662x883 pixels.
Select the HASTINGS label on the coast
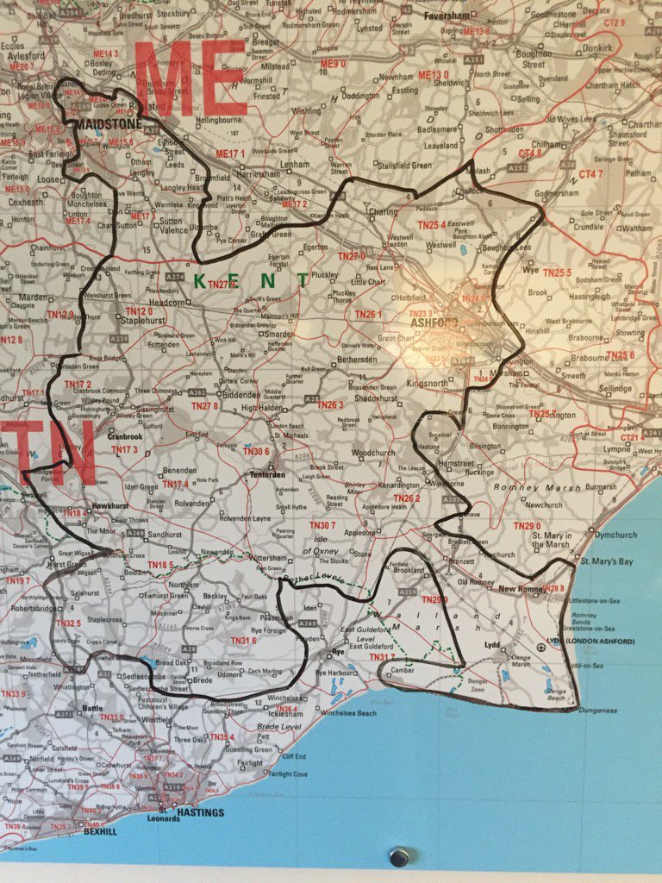pyautogui.click(x=200, y=812)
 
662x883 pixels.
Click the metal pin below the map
pyautogui.click(x=398, y=856)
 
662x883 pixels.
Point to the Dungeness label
pyautogui.click(x=598, y=711)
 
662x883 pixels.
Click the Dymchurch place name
pyautogui.click(x=615, y=535)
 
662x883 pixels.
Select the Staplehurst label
pyautogui.click(x=142, y=319)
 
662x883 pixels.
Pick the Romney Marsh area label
pyautogui.click(x=528, y=488)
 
